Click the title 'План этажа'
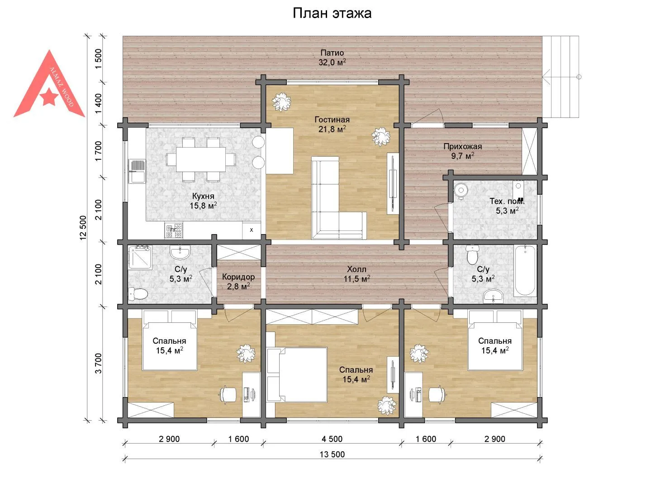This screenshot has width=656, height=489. click(332, 13)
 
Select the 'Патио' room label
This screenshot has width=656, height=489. click(332, 53)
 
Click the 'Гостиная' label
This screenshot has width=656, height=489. click(332, 120)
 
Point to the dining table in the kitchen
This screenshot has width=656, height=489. click(201, 159)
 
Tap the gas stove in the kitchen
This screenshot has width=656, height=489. click(174, 230)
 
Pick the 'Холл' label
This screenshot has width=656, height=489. click(357, 269)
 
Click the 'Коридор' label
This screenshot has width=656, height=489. click(238, 277)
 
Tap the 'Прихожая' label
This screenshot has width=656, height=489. click(462, 146)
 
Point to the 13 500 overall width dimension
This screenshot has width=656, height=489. click(332, 454)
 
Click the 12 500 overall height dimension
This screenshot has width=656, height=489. click(83, 227)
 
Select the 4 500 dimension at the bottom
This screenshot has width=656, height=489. click(332, 439)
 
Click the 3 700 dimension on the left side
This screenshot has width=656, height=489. click(98, 363)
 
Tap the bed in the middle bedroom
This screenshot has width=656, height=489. click(297, 375)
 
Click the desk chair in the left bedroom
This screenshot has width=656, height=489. click(228, 394)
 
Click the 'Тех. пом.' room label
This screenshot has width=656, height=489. click(507, 201)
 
